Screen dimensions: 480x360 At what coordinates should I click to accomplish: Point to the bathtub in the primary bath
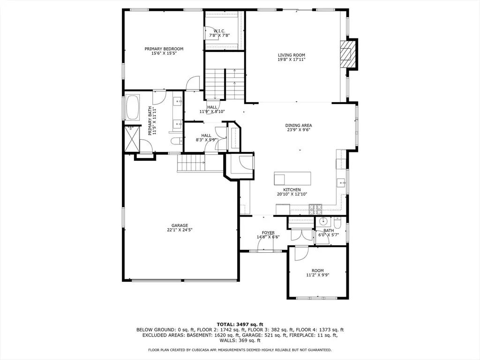click(x=132, y=107)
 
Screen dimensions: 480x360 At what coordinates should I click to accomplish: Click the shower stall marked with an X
click(x=132, y=139)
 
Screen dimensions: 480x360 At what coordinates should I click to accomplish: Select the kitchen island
click(x=292, y=179)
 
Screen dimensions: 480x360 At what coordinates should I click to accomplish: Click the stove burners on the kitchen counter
click(x=315, y=209)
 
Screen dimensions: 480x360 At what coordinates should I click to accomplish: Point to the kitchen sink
click(x=341, y=183)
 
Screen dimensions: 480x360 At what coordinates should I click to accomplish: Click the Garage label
click(x=180, y=225)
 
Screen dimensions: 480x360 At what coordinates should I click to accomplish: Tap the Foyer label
click(x=268, y=232)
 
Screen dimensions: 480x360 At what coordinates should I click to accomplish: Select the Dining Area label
click(x=299, y=125)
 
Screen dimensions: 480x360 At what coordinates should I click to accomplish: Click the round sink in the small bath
click(x=323, y=221)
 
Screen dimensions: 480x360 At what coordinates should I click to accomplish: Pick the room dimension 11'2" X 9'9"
click(x=318, y=275)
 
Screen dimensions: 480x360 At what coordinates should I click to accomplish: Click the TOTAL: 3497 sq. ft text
click(x=240, y=324)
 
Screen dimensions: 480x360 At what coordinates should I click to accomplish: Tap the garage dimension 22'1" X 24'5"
click(x=180, y=230)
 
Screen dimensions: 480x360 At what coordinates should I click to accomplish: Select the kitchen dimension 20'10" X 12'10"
click(x=292, y=194)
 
